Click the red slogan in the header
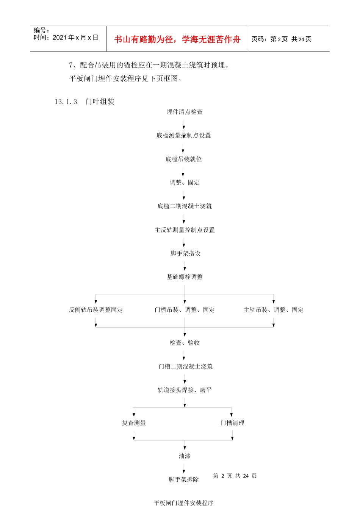[x=177, y=39]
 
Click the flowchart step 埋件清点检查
[x=185, y=112]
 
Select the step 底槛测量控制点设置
[x=184, y=136]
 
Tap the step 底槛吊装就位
[x=184, y=159]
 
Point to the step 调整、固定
[x=185, y=183]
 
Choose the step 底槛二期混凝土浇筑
[x=185, y=206]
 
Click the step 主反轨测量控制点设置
[x=185, y=230]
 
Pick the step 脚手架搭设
[x=185, y=253]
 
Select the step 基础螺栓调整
[x=185, y=277]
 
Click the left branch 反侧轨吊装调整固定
[x=96, y=310]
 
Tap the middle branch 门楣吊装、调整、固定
[x=185, y=310]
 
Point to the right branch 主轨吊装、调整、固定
[x=274, y=310]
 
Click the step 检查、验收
[x=185, y=343]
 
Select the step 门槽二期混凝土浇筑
[x=185, y=366]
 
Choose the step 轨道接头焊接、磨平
[x=185, y=390]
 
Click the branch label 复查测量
[x=134, y=423]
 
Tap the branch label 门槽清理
[x=232, y=423]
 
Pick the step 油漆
[x=185, y=456]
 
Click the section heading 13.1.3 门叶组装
[x=85, y=101]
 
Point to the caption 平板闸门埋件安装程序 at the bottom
[x=184, y=503]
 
